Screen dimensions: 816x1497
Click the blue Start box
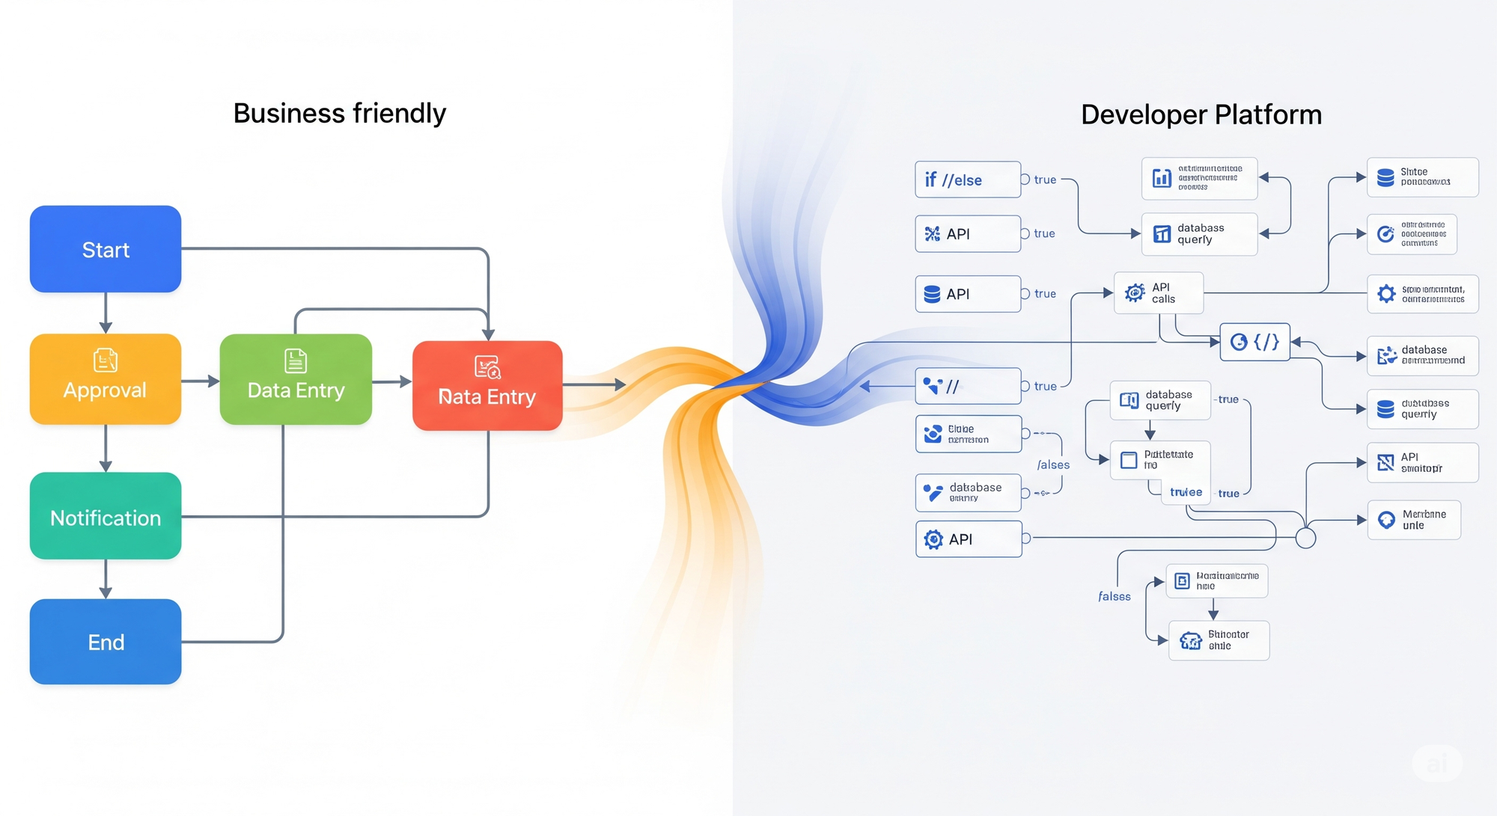[106, 249]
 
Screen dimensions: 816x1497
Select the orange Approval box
[106, 379]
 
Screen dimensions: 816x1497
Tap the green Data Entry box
[296, 379]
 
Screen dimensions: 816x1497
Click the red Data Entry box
[487, 386]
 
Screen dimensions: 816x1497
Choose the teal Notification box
[106, 516]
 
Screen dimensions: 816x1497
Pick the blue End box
[106, 642]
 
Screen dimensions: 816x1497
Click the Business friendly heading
[339, 114]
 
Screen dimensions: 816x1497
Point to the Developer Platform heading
[1201, 115]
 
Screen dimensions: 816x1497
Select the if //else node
[967, 180]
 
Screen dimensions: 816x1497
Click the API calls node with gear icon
[1158, 293]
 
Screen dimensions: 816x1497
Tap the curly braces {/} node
[1254, 342]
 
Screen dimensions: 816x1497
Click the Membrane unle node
[1413, 520]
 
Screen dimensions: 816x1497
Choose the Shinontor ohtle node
[1219, 640]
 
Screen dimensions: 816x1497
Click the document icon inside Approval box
[106, 360]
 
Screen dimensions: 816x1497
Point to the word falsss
[1114, 596]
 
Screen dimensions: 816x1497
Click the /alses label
[1053, 465]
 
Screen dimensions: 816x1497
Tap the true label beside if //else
[1045, 180]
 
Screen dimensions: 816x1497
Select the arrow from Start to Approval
[106, 313]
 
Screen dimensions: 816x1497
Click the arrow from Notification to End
[106, 579]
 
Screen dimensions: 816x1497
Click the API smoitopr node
[1421, 462]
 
